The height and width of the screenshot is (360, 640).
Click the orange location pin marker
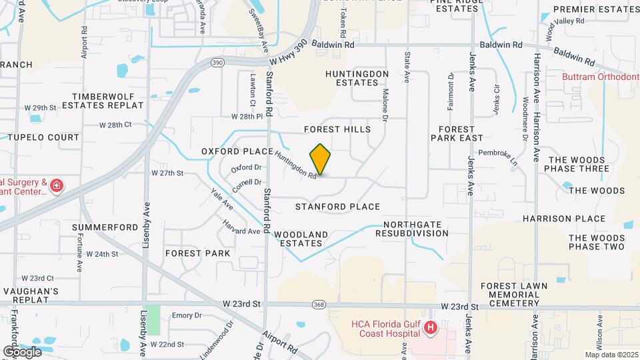pyautogui.click(x=321, y=159)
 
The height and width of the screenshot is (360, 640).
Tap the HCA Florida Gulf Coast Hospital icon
pyautogui.click(x=431, y=327)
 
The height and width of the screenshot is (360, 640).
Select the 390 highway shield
pyautogui.click(x=217, y=62)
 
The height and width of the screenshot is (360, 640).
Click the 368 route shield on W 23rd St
pyautogui.click(x=319, y=305)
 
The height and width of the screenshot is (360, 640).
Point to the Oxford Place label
pyautogui.click(x=233, y=151)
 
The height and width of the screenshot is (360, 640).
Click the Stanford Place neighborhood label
pyautogui.click(x=337, y=207)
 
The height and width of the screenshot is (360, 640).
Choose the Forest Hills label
pyautogui.click(x=337, y=129)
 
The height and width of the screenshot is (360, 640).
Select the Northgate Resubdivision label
pyautogui.click(x=411, y=229)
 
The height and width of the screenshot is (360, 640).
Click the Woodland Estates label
pyautogui.click(x=301, y=239)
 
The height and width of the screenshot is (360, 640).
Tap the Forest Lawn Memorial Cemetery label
pyautogui.click(x=514, y=294)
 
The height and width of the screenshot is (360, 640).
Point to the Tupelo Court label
pyautogui.click(x=43, y=137)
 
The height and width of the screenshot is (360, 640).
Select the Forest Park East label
pyautogui.click(x=457, y=133)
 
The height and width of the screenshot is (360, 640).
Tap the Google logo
pyautogui.click(x=22, y=351)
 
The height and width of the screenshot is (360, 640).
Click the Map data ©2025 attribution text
pyautogui.click(x=611, y=355)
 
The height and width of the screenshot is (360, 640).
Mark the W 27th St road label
pyautogui.click(x=167, y=173)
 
